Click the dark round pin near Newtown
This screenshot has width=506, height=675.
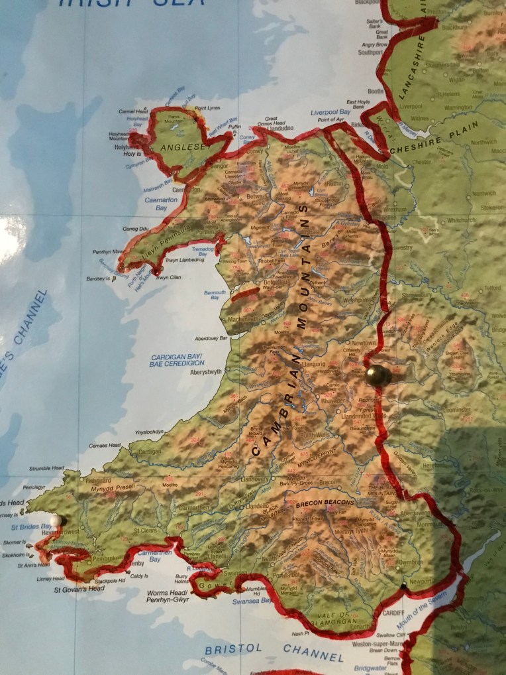[x=378, y=375]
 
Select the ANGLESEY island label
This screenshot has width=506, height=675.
[x=183, y=147]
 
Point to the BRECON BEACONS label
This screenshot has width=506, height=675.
[x=325, y=504]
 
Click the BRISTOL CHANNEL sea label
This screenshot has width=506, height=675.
[x=274, y=652]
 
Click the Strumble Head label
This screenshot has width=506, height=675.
[x=45, y=468]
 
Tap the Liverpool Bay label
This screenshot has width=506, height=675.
[x=330, y=112]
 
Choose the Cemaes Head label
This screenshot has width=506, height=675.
[x=105, y=446]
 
